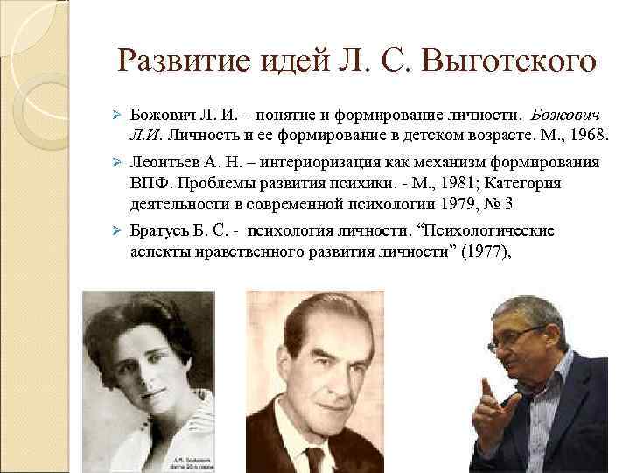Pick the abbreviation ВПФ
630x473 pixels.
(x=149, y=183)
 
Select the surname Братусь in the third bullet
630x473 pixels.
(x=158, y=231)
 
